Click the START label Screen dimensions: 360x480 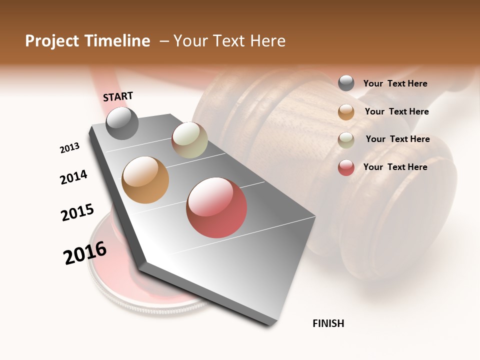(118, 96)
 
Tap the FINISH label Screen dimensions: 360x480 (328, 323)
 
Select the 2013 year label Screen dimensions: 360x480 (70, 148)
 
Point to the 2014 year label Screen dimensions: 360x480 (74, 177)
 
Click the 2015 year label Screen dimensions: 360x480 (77, 212)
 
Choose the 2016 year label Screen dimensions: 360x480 (85, 253)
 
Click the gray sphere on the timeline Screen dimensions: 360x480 (122, 123)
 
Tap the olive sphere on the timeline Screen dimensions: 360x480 (189, 140)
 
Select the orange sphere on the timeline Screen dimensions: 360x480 (145, 180)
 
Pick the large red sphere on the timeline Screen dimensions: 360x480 (216, 207)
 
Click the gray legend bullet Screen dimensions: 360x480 (346, 83)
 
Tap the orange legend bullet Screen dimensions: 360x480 (346, 112)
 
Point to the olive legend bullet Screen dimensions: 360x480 (346, 139)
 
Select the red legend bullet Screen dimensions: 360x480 (346, 167)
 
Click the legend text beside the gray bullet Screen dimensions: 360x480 (395, 83)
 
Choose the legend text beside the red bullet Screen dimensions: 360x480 (395, 167)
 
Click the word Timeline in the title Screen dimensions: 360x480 (117, 41)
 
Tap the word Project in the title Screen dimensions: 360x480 (52, 41)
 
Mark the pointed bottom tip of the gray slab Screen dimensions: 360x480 (268, 325)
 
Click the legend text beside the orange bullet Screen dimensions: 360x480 (396, 111)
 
